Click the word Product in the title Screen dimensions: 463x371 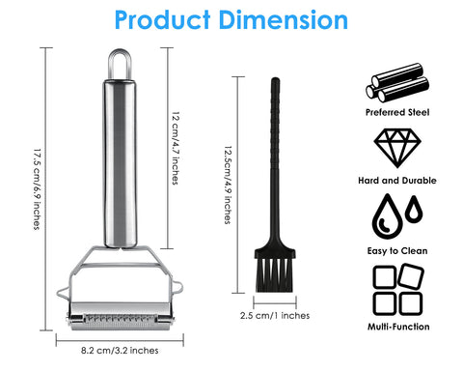[x=162, y=20]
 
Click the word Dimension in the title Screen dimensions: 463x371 [x=284, y=20]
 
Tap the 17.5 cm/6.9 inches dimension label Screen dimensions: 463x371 [x=38, y=189]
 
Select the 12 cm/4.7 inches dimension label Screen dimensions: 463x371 [x=176, y=148]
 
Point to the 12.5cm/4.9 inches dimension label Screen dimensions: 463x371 [x=228, y=185]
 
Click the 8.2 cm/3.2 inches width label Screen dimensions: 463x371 [x=120, y=350]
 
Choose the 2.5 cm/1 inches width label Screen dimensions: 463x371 [x=275, y=315]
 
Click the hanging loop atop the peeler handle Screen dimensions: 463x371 [x=120, y=64]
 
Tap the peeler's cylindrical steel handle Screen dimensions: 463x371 [x=120, y=163]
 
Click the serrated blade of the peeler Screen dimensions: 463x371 [x=121, y=320]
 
